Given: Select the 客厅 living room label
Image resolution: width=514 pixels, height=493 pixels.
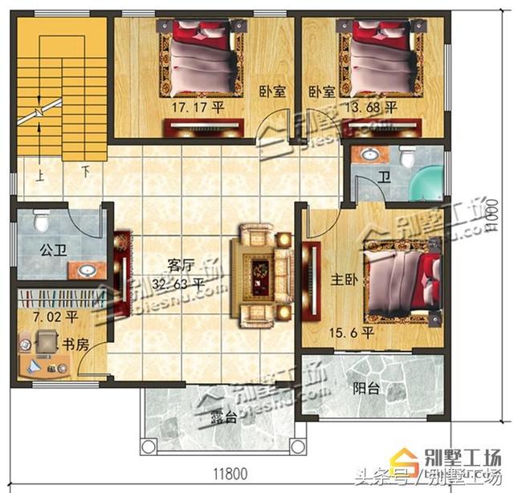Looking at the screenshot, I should tap(182, 263).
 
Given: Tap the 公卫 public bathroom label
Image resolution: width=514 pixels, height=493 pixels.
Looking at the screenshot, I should tap(52, 247).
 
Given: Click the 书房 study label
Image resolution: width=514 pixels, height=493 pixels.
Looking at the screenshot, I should tap(75, 345).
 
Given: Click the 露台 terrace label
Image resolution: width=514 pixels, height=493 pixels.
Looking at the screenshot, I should tap(222, 418).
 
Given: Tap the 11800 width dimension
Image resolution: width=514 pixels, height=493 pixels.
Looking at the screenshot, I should tap(234, 473).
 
